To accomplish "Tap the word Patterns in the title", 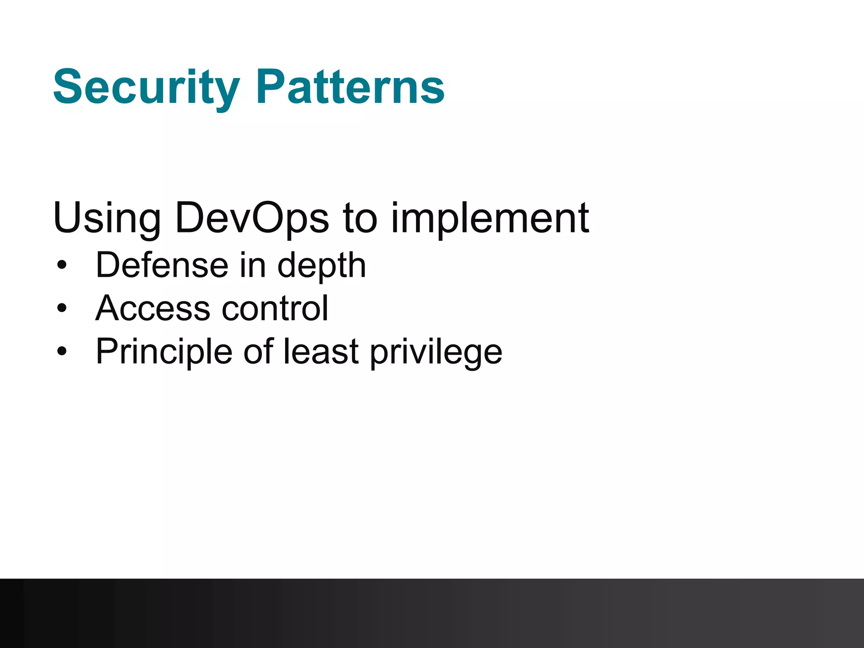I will pos(350,87).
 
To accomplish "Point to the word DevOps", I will pos(252,219).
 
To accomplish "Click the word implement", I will pos(490,219).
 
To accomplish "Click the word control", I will pos(275,308).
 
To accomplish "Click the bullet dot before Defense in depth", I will pos(62,265).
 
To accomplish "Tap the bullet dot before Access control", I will pos(62,308).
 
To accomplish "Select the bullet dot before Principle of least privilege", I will pos(62,351).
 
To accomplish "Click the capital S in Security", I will pos(69,87).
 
